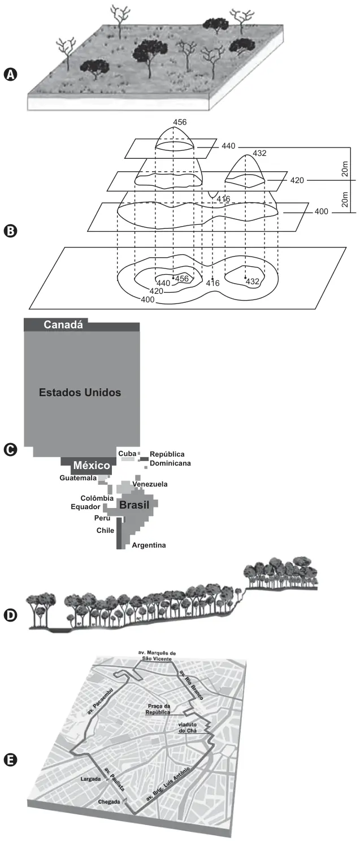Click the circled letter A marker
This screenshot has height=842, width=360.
[x=10, y=74]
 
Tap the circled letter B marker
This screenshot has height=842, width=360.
[x=10, y=231]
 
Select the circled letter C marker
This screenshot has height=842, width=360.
[x=10, y=450]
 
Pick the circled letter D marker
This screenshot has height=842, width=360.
[x=10, y=615]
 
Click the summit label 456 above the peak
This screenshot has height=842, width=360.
[x=180, y=122]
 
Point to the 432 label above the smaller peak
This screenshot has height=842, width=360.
[x=259, y=153]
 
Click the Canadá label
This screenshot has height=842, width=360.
[x=63, y=324]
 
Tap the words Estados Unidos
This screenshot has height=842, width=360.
[x=80, y=392]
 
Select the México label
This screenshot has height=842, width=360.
[x=92, y=465]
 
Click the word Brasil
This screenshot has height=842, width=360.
[x=134, y=505]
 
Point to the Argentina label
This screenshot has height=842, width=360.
[x=149, y=545]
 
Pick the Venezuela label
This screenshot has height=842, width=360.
[x=150, y=484]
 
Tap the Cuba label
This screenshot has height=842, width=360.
[x=127, y=454]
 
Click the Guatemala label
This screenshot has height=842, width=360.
[x=78, y=478]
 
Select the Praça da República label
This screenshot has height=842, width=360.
[x=158, y=709]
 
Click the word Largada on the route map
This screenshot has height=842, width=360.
[x=90, y=779]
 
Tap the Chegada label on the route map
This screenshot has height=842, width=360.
[x=109, y=802]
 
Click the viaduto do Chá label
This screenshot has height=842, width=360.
[x=188, y=727]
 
